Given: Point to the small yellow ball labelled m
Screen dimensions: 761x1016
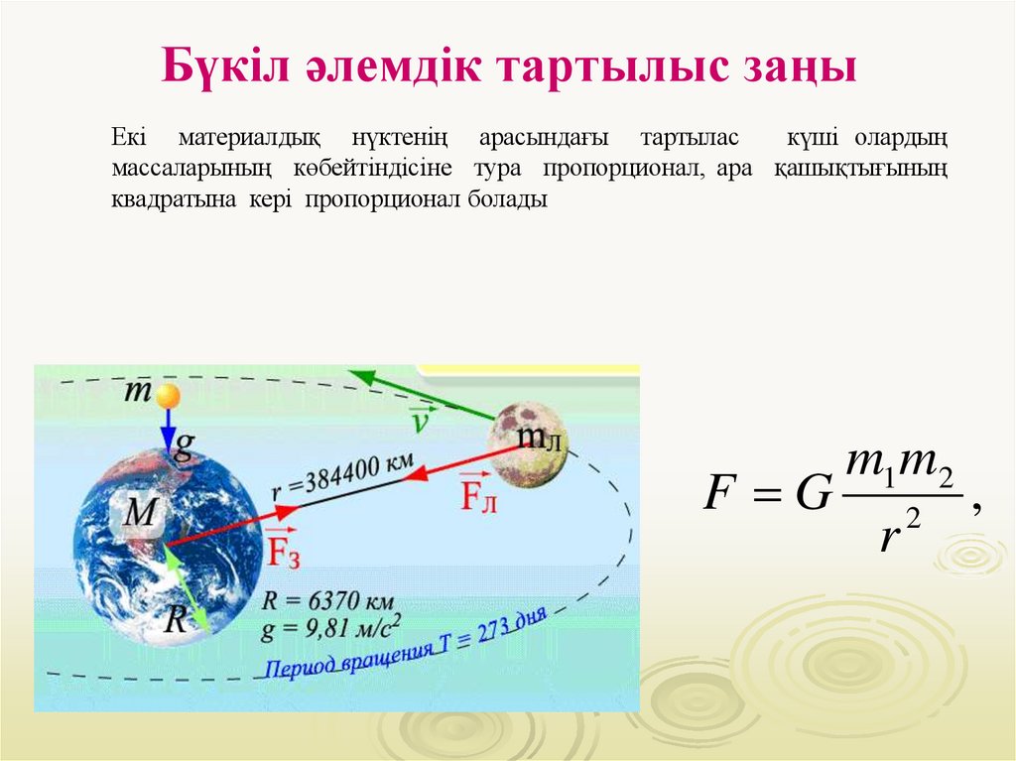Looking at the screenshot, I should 169,396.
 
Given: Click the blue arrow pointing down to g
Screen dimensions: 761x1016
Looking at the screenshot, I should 169,429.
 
